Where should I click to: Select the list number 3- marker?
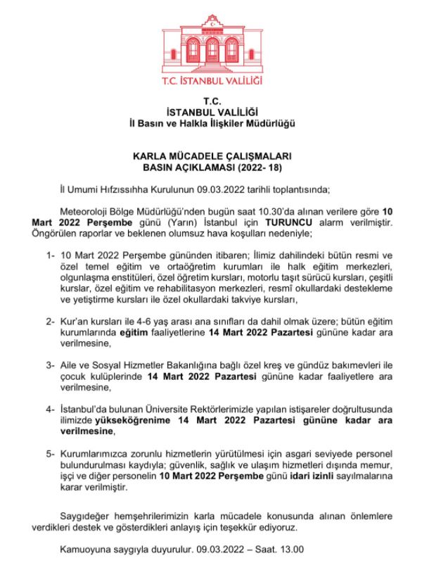click(x=51, y=366)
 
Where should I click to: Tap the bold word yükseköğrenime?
click(x=110, y=421)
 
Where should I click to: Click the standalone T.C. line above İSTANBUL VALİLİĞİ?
click(x=211, y=101)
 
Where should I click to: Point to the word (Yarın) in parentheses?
click(x=161, y=223)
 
